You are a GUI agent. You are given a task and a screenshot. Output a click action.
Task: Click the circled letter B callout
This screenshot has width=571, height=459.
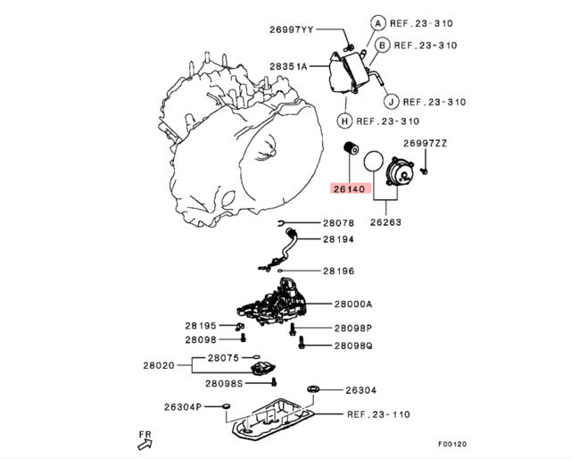382,45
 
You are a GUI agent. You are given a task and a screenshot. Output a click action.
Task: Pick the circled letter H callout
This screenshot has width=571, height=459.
343,121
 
